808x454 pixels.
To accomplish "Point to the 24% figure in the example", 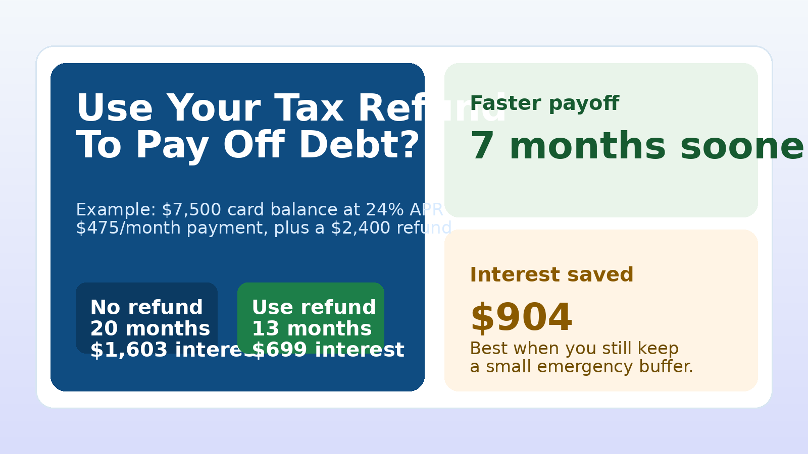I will [385, 210].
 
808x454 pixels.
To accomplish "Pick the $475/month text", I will [128, 228].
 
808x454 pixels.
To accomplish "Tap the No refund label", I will [146, 308].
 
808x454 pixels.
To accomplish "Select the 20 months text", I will [150, 329].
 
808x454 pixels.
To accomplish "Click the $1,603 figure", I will [129, 350].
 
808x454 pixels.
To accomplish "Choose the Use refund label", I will [314, 308].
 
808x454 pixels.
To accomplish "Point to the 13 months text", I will [312, 329].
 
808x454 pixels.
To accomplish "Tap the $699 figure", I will [280, 350].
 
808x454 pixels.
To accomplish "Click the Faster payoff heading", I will [544, 103].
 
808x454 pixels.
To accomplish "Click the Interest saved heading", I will [551, 275].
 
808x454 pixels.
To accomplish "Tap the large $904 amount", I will [521, 318].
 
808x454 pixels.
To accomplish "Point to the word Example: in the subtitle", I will [116, 210].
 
